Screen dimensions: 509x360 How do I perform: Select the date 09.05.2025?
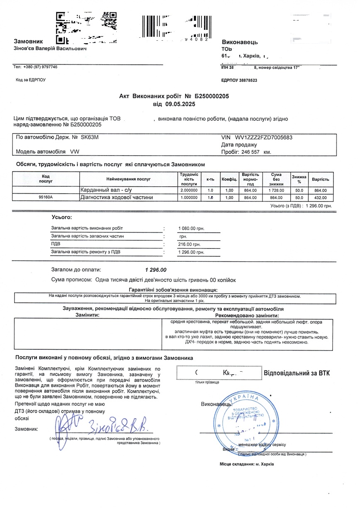point(174,104)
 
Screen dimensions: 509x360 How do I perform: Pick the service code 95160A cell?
point(46,198)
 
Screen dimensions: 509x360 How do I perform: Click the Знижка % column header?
point(299,179)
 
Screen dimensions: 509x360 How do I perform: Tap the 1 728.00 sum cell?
point(277,190)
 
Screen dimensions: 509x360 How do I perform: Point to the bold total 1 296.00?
point(156,270)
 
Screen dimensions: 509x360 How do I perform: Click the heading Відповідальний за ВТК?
point(297,373)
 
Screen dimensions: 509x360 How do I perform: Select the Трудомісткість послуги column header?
point(189,179)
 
